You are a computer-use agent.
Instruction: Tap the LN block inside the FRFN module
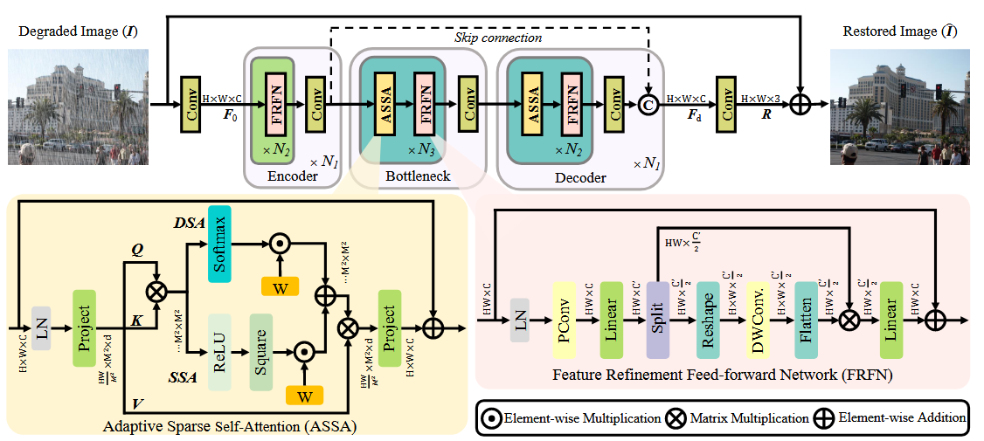coord(522,324)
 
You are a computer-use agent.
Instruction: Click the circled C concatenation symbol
coord(648,106)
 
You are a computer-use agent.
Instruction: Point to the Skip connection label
coord(498,38)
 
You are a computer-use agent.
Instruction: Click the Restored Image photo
coord(899,107)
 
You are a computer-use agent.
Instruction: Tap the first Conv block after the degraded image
coord(190,106)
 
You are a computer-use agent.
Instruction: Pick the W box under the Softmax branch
coord(280,286)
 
